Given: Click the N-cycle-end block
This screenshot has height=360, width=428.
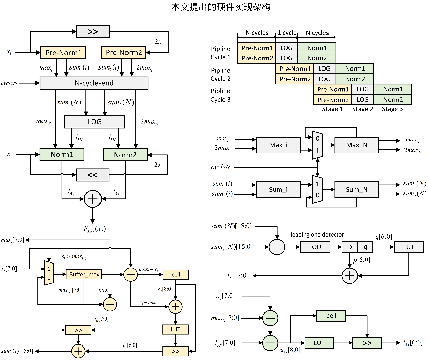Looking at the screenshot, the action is coord(94,83).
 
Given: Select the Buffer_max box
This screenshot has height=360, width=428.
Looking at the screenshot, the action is coord(84,274).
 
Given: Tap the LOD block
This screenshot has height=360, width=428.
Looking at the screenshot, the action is coord(315,247).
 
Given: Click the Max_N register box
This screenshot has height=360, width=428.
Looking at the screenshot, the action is coord(357,145).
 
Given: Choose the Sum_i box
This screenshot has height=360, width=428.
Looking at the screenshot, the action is coord(278,189).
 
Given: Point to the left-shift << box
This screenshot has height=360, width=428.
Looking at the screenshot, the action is coord(93,175).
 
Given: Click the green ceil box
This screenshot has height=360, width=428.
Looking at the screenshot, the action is coord(331,316).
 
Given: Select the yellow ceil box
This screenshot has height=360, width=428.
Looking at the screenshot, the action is coord(176,274).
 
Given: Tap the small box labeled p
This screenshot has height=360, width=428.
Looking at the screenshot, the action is coord(350,247).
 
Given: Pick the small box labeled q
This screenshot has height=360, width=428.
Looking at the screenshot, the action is coord(365,247).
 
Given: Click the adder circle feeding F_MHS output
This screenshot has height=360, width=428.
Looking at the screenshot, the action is coord(93,199).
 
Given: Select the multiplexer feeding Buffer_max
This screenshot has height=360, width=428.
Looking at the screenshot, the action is coord(49,273).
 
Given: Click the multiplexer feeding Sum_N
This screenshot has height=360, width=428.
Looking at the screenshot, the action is coord(317,189).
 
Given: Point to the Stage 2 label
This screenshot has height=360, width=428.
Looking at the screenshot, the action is coord(363,109).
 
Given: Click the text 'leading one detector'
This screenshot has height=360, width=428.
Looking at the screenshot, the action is coord(317,234).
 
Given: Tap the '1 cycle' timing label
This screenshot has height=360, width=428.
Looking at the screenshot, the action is coord(287,33).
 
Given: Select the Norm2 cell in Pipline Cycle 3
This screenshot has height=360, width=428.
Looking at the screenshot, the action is coord(393,100).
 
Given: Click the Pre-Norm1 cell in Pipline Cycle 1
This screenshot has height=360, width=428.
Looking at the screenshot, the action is coord(257,48).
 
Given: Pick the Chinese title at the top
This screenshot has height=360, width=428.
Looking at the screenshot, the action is coord(221,7).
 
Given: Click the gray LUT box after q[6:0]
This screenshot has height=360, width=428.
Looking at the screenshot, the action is coord(409,247).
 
